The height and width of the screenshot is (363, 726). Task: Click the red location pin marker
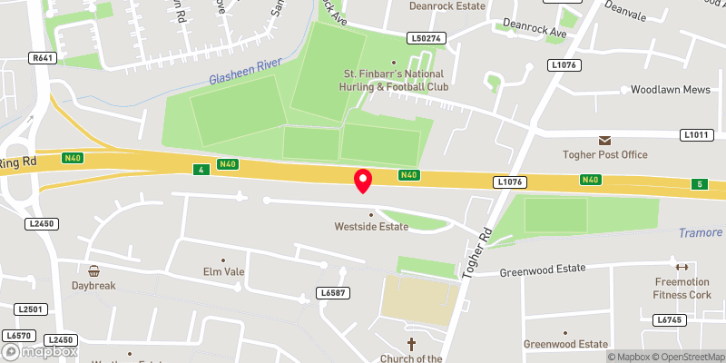pyautogui.click(x=362, y=180)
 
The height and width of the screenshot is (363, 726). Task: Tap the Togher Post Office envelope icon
pyautogui.click(x=604, y=140)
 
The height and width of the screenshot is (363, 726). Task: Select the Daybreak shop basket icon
pyautogui.click(x=93, y=270)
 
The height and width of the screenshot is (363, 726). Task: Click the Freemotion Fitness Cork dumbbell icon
pyautogui.click(x=682, y=266)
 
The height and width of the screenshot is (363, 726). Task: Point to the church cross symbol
pyautogui.click(x=411, y=344)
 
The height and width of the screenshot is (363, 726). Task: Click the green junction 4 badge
pyautogui.click(x=199, y=169)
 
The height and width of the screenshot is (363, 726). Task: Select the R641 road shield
pyautogui.click(x=41, y=57)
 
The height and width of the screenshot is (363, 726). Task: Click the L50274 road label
pyautogui.click(x=425, y=38)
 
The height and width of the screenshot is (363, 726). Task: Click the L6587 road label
pyautogui.click(x=331, y=292)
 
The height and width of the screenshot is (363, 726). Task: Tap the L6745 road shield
pyautogui.click(x=668, y=319)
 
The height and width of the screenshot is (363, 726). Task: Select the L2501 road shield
pyautogui.click(x=30, y=309)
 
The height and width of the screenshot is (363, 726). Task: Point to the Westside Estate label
pyautogui.click(x=371, y=226)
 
